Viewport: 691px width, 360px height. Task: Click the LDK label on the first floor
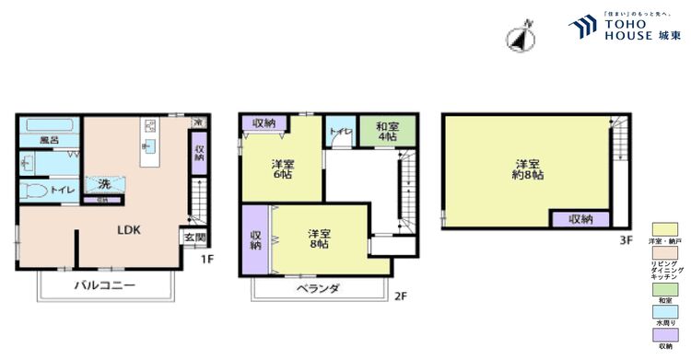(127, 230)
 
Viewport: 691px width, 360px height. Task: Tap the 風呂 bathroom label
(49, 140)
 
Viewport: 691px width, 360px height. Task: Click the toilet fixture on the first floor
(34, 190)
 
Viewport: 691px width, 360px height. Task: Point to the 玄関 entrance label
(194, 238)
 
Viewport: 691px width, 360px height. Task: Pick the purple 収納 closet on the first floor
(199, 152)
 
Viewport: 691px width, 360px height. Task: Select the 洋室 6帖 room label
(282, 171)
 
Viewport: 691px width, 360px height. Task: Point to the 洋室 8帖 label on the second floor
(320, 239)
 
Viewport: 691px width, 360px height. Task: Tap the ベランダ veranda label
(317, 288)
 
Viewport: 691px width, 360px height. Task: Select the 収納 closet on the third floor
(580, 219)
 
